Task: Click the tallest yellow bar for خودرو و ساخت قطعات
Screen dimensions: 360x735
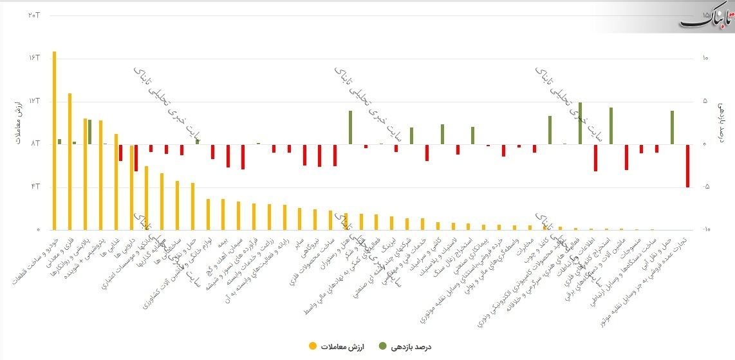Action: pyautogui.click(x=54, y=140)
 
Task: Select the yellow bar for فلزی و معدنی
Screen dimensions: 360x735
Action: pyautogui.click(x=70, y=161)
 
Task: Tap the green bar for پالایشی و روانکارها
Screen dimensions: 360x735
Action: pyautogui.click(x=90, y=132)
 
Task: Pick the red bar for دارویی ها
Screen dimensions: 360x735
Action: pyautogui.click(x=136, y=158)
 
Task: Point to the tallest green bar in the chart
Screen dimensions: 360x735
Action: pyautogui.click(x=580, y=123)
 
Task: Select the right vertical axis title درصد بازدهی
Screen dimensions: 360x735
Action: pyautogui.click(x=722, y=122)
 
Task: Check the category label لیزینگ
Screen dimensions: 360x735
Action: pyautogui.click(x=387, y=245)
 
